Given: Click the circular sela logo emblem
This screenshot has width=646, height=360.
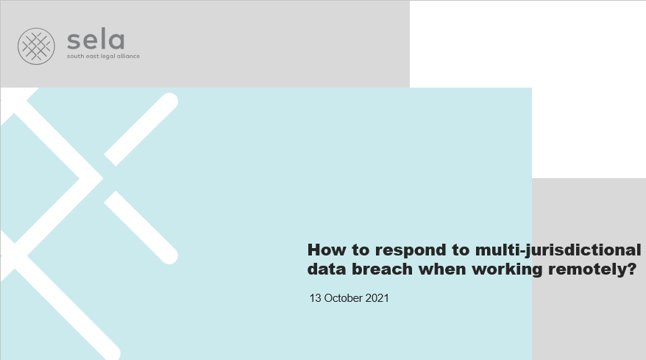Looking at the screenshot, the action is point(36,46).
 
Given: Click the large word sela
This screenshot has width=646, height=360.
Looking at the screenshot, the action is point(96,39).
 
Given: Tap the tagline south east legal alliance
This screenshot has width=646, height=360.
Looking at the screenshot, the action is point(104,56).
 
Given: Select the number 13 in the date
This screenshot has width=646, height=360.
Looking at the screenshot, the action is point(315,298).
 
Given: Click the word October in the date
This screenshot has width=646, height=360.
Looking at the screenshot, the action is point(343,298).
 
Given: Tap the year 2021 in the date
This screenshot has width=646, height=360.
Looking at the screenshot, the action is point(377,298).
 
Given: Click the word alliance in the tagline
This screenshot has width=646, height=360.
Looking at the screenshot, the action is point(128,56).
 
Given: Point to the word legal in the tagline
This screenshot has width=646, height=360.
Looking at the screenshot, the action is point(108,57).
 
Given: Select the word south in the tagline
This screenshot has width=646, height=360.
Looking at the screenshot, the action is point(75,56).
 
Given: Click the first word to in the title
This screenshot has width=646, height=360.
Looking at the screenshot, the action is point(361,250).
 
